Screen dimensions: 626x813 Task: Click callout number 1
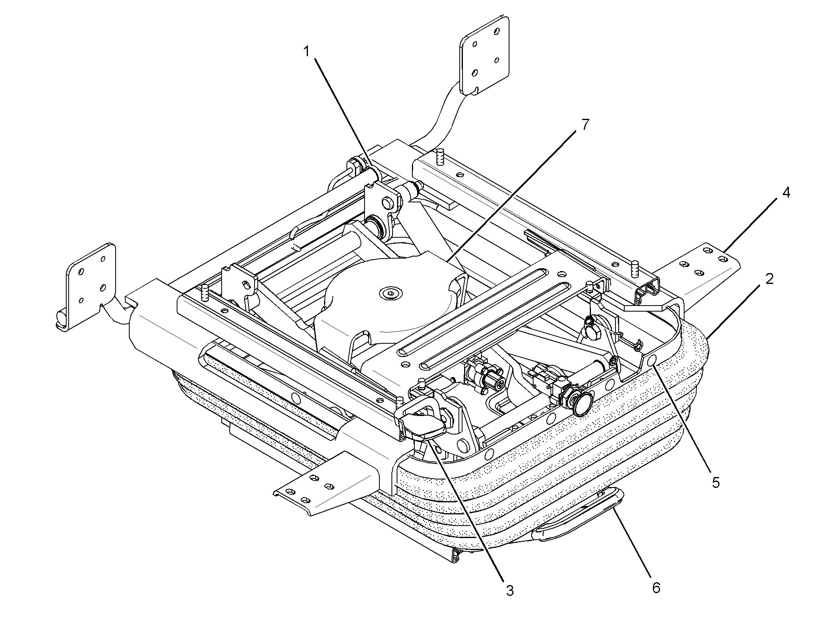click(306, 52)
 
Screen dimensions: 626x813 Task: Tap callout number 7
click(585, 125)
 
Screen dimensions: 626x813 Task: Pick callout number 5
click(716, 482)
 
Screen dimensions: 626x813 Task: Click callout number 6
click(656, 588)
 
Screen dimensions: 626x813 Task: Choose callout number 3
click(509, 591)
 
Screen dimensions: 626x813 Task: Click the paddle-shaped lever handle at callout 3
click(422, 426)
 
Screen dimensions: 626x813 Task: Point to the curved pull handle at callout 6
click(578, 518)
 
